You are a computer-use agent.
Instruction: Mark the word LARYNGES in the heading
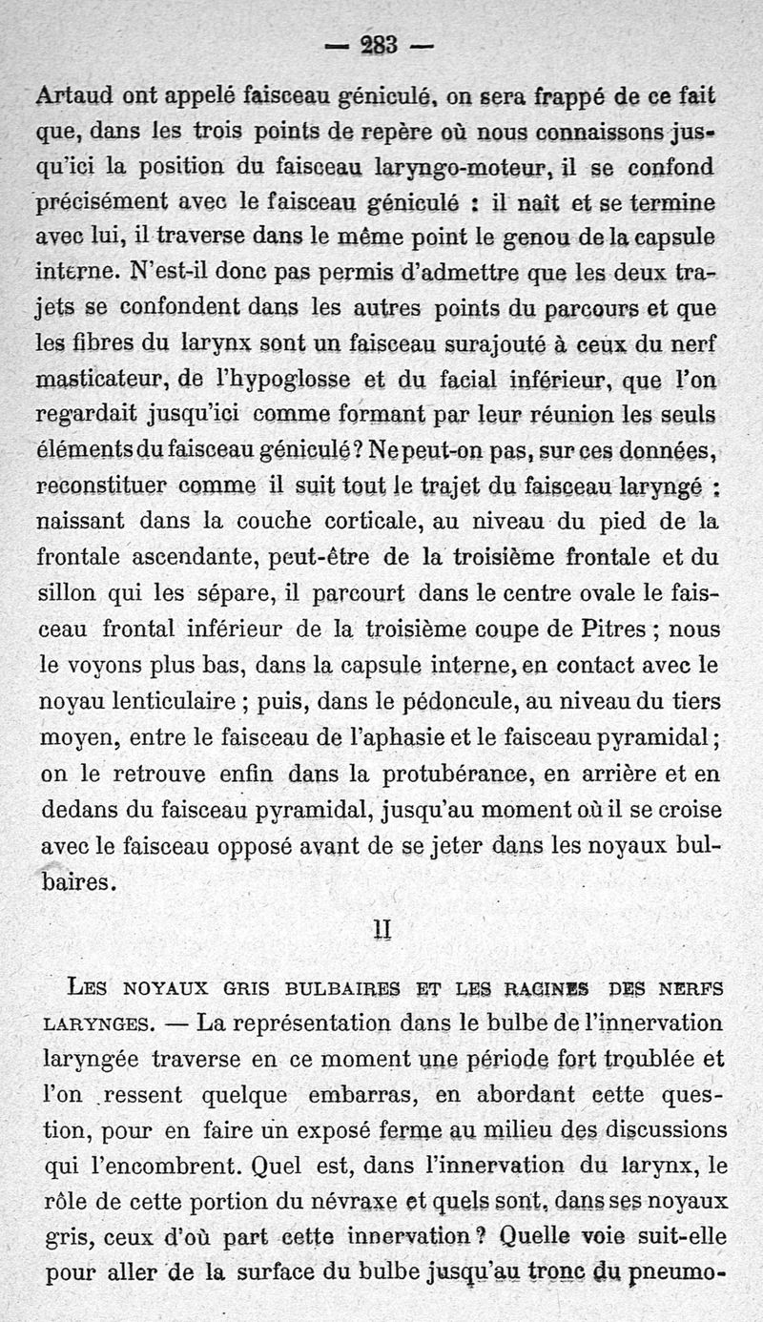pos(95,1024)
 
